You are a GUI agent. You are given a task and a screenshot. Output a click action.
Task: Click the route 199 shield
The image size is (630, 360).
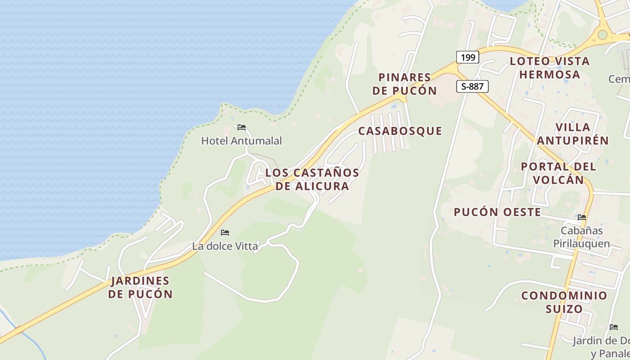coord(468,57)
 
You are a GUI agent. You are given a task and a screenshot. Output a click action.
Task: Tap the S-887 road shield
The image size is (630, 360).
coord(472,86)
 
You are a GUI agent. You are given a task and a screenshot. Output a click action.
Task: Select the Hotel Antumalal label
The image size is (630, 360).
coord(241,141)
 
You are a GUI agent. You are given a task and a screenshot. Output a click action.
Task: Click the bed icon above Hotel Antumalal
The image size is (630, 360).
coord(242,127)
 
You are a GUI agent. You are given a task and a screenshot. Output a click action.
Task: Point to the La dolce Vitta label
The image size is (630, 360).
coord(225,246)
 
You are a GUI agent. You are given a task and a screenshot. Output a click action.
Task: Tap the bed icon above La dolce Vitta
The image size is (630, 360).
coord(225,233)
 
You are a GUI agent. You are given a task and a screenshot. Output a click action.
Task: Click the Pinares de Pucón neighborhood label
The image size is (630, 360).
coord(405,84)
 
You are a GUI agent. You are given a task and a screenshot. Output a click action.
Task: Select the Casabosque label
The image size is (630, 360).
coord(400,131)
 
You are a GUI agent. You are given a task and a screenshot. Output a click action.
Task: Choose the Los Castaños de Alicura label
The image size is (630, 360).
coord(312,179)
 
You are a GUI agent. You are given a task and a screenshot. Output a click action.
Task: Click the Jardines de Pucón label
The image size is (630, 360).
coord(141,287)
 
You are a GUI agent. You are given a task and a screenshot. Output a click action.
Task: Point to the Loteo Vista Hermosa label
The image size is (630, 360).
coord(549,67)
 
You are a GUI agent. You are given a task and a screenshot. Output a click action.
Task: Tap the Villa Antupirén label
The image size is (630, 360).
coord(572,134)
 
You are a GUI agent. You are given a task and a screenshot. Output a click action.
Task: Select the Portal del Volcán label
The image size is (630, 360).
coord(558,173)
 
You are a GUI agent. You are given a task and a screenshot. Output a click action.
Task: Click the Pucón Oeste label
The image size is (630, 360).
coord(497,212)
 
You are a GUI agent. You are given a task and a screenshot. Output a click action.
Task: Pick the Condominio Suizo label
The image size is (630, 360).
coord(564,302)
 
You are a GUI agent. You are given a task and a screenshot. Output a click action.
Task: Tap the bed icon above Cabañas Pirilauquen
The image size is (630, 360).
coord(582,217)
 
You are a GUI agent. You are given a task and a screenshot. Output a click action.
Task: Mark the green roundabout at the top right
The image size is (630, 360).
coord(602,35)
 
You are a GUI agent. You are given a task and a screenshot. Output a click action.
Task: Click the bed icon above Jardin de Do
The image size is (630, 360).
coord(613,327)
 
